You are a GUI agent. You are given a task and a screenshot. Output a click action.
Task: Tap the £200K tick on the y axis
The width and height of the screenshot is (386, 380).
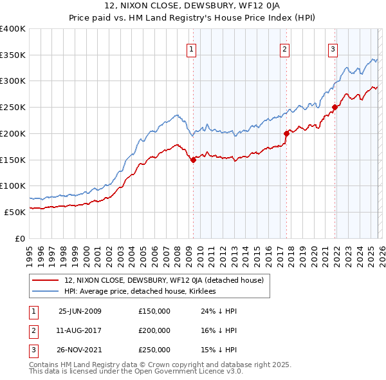click(13, 133)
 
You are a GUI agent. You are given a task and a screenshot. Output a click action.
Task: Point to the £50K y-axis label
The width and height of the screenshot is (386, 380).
click(15, 212)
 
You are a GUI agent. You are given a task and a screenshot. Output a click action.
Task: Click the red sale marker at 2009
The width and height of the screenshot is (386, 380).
click(193, 160)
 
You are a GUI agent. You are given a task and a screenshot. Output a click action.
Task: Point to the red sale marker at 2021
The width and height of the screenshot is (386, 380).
click(335, 108)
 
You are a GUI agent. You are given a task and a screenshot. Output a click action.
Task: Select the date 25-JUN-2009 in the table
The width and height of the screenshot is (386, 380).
click(80, 311)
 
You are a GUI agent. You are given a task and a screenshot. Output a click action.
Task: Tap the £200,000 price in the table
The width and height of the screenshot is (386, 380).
click(154, 330)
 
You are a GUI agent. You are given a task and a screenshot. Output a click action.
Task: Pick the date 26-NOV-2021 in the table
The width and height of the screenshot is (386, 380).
click(80, 350)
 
